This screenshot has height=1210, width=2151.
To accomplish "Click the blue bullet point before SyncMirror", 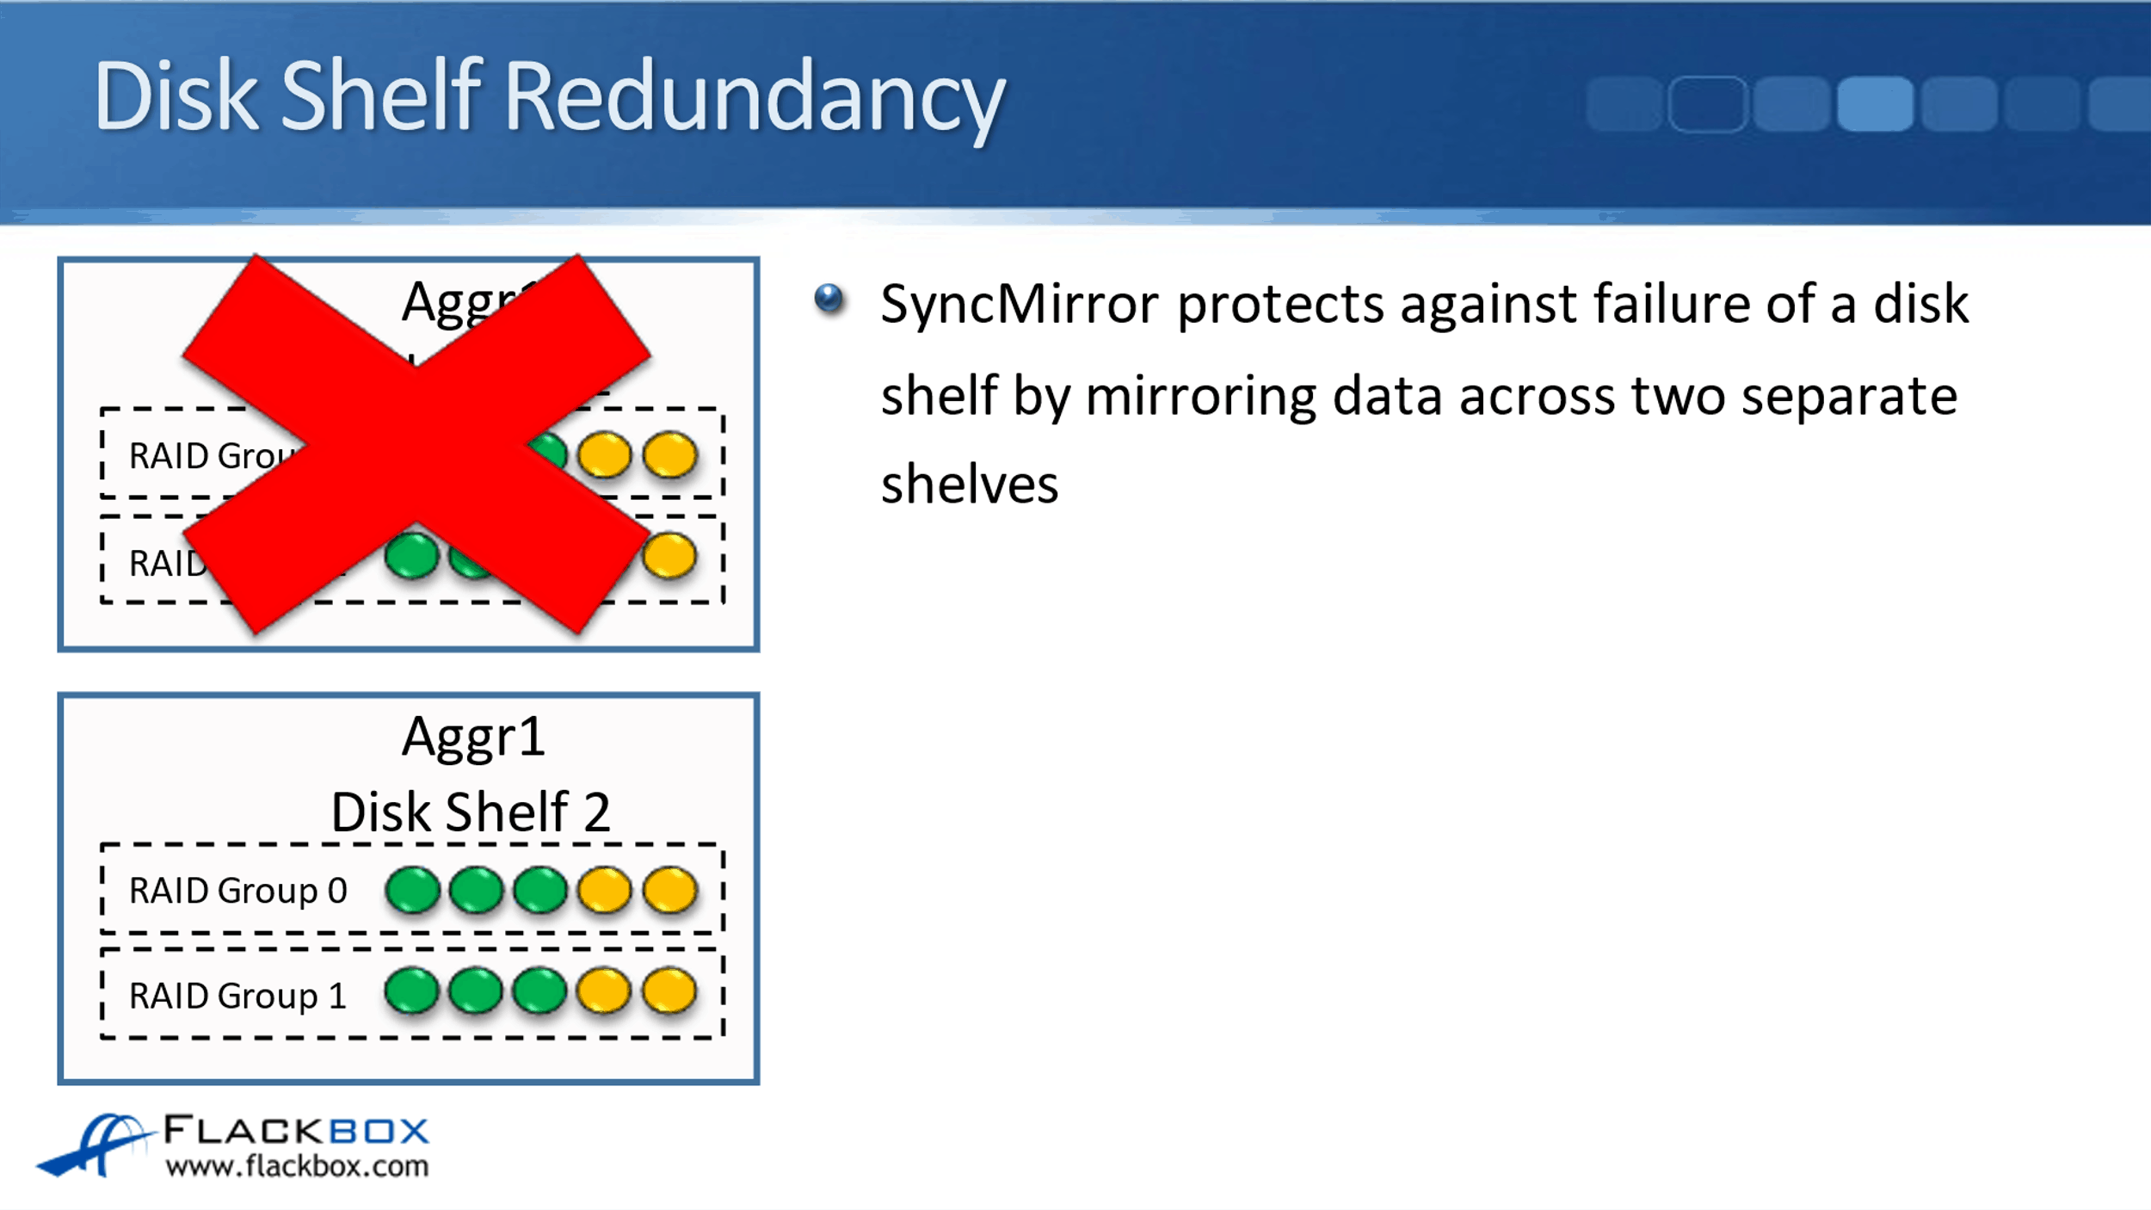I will click(829, 299).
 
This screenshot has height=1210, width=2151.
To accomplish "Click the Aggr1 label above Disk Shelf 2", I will click(473, 738).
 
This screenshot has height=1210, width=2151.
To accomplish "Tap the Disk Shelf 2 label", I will click(471, 812).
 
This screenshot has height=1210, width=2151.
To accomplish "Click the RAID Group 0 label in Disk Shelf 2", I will click(237, 891).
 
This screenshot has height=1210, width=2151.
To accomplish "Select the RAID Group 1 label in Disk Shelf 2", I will click(237, 997).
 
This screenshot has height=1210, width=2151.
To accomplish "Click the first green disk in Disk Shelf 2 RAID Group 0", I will click(412, 890).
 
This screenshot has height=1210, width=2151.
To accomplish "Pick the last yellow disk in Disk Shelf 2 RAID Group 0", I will click(669, 890).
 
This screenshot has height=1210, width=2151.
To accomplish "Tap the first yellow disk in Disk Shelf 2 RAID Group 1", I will click(604, 991).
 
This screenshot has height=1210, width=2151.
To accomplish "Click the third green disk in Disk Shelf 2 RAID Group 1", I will click(539, 991).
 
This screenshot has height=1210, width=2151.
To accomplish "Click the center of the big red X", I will click(416, 444).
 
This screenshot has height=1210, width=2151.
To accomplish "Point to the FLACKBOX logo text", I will click(296, 1130).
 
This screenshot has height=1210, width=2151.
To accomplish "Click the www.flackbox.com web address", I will click(297, 1167).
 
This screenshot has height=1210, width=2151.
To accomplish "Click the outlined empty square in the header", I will click(1707, 104).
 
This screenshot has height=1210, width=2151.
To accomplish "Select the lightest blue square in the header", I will click(1875, 104).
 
